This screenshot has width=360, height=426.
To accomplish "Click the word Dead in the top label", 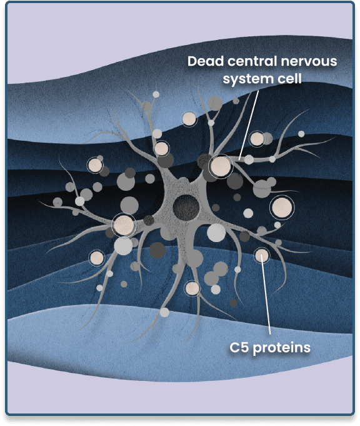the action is pyautogui.click(x=206, y=61).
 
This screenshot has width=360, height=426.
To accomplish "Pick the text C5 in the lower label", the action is pyautogui.click(x=239, y=347).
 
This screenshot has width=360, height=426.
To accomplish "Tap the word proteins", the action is pyautogui.click(x=281, y=348).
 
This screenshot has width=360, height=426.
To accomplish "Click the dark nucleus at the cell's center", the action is pyautogui.click(x=186, y=208).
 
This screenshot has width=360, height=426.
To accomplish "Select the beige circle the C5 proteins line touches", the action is pyautogui.click(x=262, y=255).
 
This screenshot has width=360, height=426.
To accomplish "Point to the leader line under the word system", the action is pyautogui.click(x=248, y=125).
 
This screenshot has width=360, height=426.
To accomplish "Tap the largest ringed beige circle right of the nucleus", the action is pyautogui.click(x=282, y=208).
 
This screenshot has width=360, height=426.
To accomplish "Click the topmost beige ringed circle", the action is pyautogui.click(x=189, y=119).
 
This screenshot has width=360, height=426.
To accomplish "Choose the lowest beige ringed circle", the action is pyautogui.click(x=192, y=288).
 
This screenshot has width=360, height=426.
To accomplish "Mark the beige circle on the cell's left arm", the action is pyautogui.click(x=124, y=225).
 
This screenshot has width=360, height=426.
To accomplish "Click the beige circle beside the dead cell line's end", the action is pyautogui.click(x=221, y=166).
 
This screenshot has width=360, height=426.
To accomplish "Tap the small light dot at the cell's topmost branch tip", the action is pyautogui.click(x=156, y=94).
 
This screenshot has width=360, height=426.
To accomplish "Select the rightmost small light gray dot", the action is pyautogui.click(x=301, y=134).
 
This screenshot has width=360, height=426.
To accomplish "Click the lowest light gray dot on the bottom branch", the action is pyautogui.click(x=164, y=312).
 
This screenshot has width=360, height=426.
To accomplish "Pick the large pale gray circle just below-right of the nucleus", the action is pyautogui.click(x=216, y=233).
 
